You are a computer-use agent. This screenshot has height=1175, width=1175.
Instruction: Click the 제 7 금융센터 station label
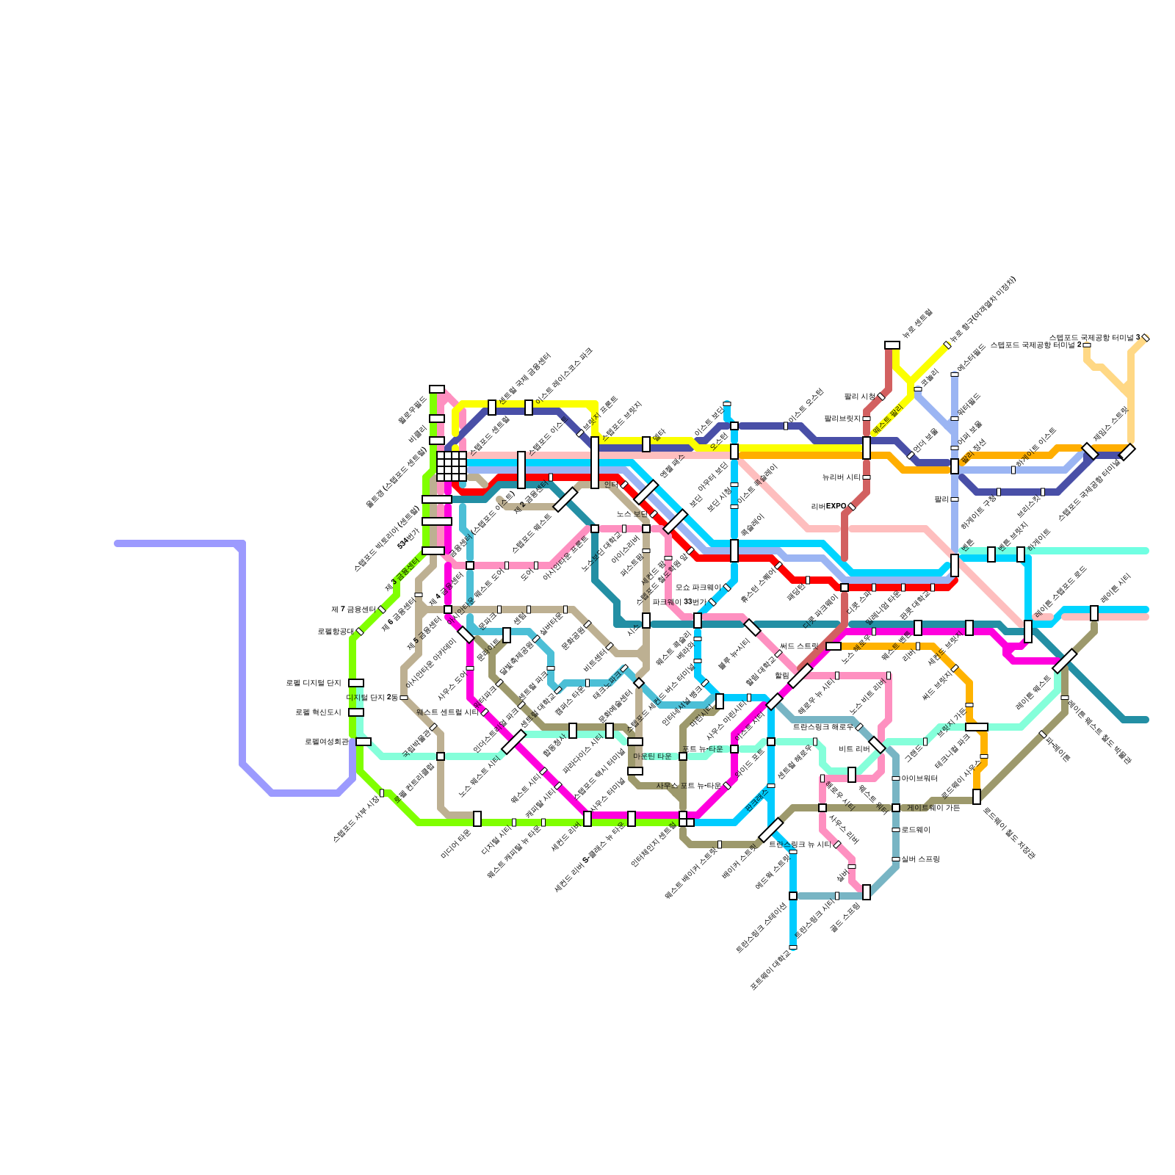353,610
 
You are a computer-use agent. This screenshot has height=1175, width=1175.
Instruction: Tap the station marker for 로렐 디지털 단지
356,683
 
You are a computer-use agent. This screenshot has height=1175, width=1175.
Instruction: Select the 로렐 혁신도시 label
318,712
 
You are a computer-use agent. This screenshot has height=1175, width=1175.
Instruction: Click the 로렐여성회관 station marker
364,742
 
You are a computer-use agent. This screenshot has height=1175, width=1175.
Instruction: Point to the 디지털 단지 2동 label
372,698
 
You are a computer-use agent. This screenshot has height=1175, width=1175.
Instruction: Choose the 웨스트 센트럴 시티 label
447,712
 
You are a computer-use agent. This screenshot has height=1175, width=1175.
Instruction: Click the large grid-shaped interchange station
452,466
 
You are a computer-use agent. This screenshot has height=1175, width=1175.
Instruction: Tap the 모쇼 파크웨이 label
698,587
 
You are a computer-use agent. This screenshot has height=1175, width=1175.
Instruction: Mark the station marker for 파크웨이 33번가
712,602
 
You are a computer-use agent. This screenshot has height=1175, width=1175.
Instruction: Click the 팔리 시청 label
859,397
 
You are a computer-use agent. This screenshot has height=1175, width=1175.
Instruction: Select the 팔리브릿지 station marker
867,419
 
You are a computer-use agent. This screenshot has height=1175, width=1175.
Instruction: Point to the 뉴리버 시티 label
842,477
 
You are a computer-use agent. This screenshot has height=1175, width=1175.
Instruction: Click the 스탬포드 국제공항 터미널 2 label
1035,345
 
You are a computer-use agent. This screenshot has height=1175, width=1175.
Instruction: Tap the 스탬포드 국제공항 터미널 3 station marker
1146,338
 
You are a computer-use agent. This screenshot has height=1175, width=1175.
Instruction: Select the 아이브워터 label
919,778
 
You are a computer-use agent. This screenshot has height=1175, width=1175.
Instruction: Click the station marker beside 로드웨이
896,830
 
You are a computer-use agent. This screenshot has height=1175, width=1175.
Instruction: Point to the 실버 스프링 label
920,859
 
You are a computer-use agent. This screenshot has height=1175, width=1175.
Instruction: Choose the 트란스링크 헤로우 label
822,727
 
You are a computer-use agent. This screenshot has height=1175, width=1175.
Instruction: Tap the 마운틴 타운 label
652,756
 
